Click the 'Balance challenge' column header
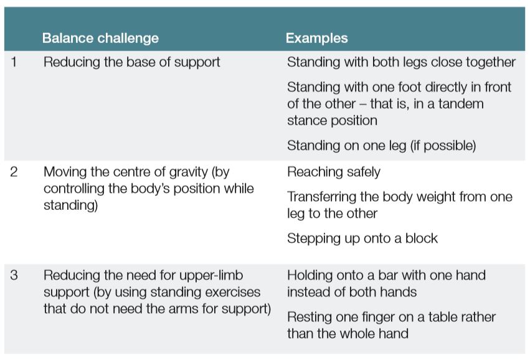pos(100,39)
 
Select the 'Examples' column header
pos(316,39)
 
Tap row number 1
pos(14,62)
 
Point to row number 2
pos(14,173)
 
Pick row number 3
pos(14,275)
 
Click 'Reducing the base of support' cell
pos(131,62)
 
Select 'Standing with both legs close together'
pos(401,62)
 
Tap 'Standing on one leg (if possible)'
pos(381,145)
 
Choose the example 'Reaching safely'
pos(333,173)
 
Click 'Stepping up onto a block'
pos(362,238)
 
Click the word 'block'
pos(421,238)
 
